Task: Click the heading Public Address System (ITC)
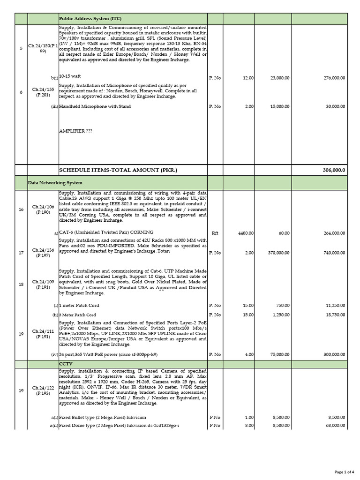[90, 18]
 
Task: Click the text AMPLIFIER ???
[75, 131]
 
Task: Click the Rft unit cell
[215, 232]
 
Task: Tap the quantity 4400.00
[244, 232]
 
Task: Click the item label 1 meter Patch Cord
[80, 305]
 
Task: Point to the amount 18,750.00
[333, 315]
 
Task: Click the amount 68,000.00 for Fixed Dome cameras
[333, 425]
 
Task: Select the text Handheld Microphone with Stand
[95, 106]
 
